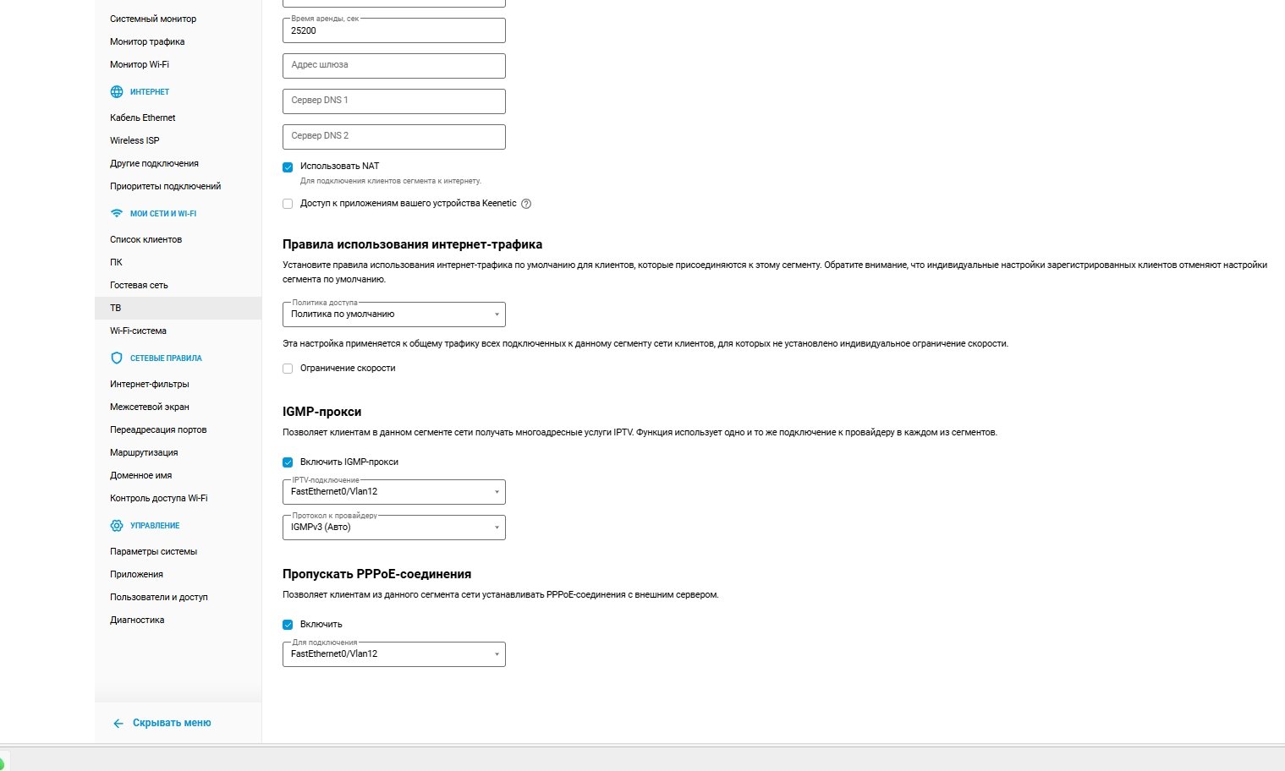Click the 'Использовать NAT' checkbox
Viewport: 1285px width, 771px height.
pyautogui.click(x=288, y=167)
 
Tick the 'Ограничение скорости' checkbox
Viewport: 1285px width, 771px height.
pyautogui.click(x=288, y=369)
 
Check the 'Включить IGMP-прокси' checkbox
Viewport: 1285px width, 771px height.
pyautogui.click(x=288, y=462)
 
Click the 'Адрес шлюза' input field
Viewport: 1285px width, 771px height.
pyautogui.click(x=393, y=65)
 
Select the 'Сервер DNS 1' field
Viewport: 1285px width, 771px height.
pyautogui.click(x=393, y=101)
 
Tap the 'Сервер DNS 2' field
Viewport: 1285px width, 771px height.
pyautogui.click(x=393, y=136)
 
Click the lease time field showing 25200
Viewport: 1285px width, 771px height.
pyautogui.click(x=393, y=30)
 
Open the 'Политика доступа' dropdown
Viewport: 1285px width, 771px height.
pyautogui.click(x=393, y=314)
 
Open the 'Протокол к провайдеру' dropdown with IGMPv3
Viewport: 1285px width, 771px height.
pyautogui.click(x=393, y=528)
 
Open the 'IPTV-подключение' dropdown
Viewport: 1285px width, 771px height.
pyautogui.click(x=393, y=492)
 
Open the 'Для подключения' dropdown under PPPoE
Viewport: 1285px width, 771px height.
pyautogui.click(x=393, y=654)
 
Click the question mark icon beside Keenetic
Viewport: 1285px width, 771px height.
pyautogui.click(x=526, y=204)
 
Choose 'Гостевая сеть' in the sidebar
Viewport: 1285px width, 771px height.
pyautogui.click(x=139, y=285)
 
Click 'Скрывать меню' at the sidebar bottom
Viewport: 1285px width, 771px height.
pyautogui.click(x=171, y=723)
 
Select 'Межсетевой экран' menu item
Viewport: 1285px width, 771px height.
pyautogui.click(x=150, y=407)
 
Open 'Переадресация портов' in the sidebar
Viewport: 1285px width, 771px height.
pyautogui.click(x=158, y=429)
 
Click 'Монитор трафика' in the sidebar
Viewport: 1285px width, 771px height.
pyautogui.click(x=147, y=41)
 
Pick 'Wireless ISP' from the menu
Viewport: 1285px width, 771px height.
pyautogui.click(x=135, y=140)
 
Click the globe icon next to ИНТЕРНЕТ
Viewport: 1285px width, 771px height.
pyautogui.click(x=117, y=92)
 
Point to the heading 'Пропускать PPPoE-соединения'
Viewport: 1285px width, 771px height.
pyautogui.click(x=376, y=574)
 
